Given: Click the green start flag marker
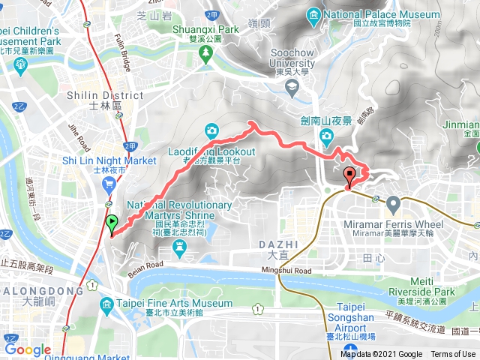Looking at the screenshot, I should point(112,222).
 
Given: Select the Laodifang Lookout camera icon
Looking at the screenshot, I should point(212,130).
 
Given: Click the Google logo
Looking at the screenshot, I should point(28,349).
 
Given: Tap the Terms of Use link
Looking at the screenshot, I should point(453,355).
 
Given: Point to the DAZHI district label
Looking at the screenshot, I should point(279,244).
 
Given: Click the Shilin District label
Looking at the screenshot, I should point(104,95).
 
